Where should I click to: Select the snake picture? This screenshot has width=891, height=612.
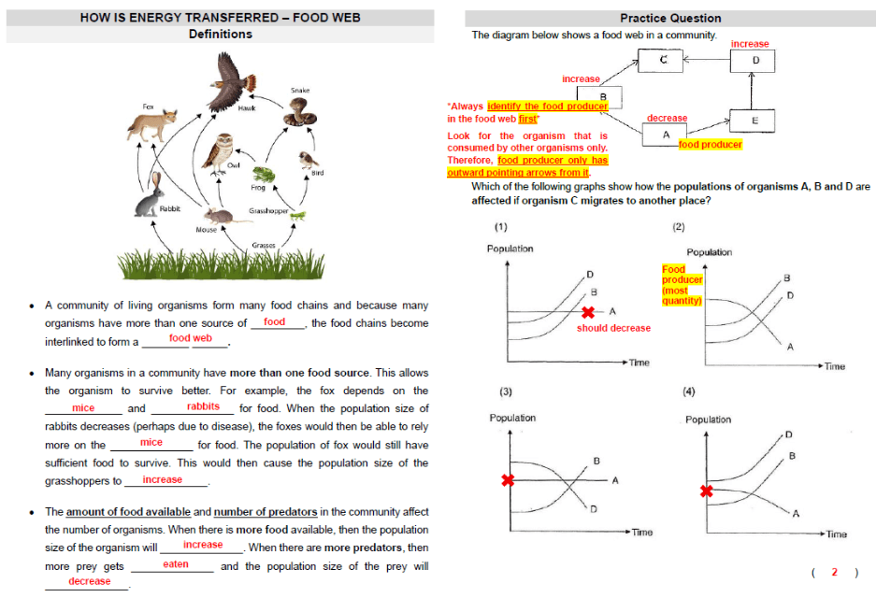click(299, 113)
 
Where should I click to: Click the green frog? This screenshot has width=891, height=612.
click(264, 175)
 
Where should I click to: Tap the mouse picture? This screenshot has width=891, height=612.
click(219, 216)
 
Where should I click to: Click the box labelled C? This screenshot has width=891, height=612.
click(660, 60)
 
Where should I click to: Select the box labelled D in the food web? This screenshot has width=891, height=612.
click(753, 61)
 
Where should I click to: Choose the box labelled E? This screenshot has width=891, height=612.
click(753, 121)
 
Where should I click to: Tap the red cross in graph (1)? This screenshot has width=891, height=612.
click(588, 312)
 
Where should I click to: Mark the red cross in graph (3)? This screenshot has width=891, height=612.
click(508, 480)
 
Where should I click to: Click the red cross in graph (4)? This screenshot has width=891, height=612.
click(706, 491)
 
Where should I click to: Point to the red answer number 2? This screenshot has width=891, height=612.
click(834, 572)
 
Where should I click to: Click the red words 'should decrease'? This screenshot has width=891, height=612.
click(613, 328)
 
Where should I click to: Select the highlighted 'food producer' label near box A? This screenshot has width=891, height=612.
click(711, 145)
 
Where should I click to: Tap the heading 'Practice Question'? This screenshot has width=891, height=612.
click(670, 18)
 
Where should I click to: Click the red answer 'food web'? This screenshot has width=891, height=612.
click(191, 338)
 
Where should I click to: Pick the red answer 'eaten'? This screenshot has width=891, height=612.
click(176, 564)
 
